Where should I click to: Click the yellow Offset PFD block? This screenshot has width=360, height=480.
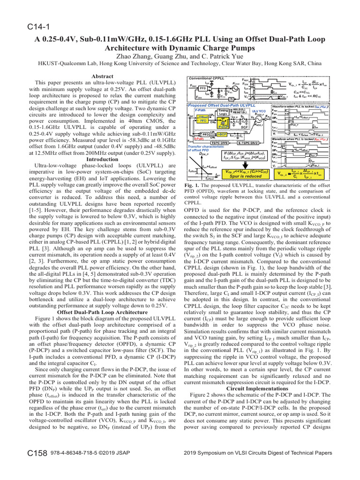click(x=203, y=118)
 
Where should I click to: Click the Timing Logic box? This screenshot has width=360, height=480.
click(x=223, y=112)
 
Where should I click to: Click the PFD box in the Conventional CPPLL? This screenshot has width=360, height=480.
click(x=203, y=88)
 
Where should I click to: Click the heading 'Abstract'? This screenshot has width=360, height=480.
click(x=102, y=75)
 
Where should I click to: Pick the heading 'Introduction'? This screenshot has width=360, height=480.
click(x=102, y=159)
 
